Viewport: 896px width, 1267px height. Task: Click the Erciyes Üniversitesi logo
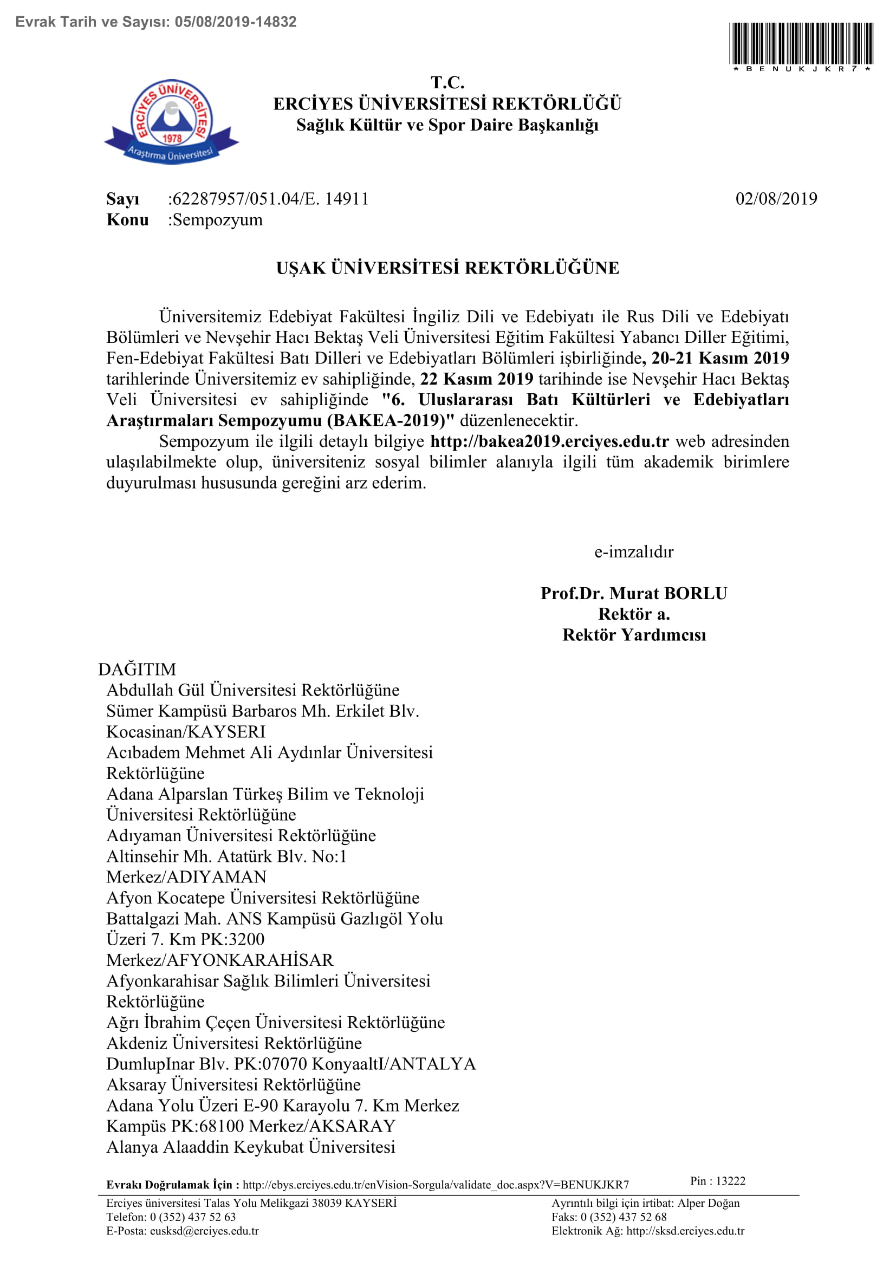(172, 121)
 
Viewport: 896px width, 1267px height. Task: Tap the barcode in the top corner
(801, 43)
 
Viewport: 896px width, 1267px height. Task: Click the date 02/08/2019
(776, 199)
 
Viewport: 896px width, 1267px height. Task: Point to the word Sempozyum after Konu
(218, 219)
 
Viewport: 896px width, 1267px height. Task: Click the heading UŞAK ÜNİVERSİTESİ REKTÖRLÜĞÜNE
(447, 268)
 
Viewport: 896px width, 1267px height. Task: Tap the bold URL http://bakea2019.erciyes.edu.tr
(549, 441)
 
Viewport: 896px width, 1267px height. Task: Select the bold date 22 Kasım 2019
(477, 379)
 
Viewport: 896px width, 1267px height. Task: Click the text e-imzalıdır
(634, 552)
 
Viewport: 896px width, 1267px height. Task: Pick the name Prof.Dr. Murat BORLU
(634, 593)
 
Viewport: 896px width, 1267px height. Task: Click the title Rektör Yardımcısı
(634, 635)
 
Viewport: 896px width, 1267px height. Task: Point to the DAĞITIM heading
(138, 670)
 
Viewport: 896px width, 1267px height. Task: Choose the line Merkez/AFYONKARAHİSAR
(220, 960)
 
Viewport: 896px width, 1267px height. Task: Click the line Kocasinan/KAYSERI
(186, 732)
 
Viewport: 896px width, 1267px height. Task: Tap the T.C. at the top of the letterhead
(447, 83)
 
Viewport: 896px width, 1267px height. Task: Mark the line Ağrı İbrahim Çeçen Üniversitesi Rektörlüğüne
(276, 1023)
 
